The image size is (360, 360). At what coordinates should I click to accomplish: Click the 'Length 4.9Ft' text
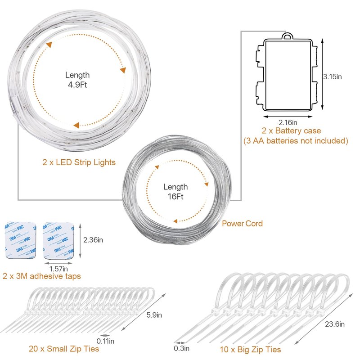click(x=77, y=80)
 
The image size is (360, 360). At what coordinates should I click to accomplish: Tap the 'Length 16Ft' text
click(x=175, y=192)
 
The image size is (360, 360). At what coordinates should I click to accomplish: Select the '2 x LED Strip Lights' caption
click(x=79, y=162)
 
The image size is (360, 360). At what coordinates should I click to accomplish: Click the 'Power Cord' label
click(x=242, y=223)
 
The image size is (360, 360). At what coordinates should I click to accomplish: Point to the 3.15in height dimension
click(x=333, y=76)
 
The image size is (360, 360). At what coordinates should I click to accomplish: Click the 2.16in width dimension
click(x=288, y=122)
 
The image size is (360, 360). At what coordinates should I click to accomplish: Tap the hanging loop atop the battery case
click(x=288, y=36)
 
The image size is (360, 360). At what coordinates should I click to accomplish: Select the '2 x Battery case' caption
click(x=291, y=130)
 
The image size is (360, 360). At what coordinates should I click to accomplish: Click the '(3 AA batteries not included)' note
click(x=296, y=140)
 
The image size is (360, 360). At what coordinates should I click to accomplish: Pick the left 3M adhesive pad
click(x=20, y=240)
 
